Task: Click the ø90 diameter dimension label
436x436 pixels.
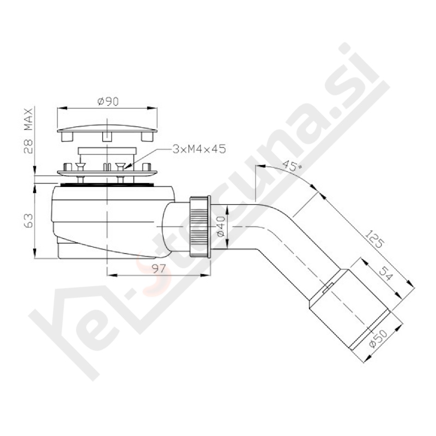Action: coord(108,101)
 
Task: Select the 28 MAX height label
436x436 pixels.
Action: coord(28,131)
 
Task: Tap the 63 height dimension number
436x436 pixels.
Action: coord(28,221)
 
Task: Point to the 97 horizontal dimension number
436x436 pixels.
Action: coord(159,268)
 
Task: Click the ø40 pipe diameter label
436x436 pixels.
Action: coord(220,226)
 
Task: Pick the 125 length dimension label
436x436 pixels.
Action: coord(374,239)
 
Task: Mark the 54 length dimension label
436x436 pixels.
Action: coord(385,274)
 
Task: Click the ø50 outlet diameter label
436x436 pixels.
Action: coord(379,337)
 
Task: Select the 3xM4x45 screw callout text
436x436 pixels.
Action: coord(199,149)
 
